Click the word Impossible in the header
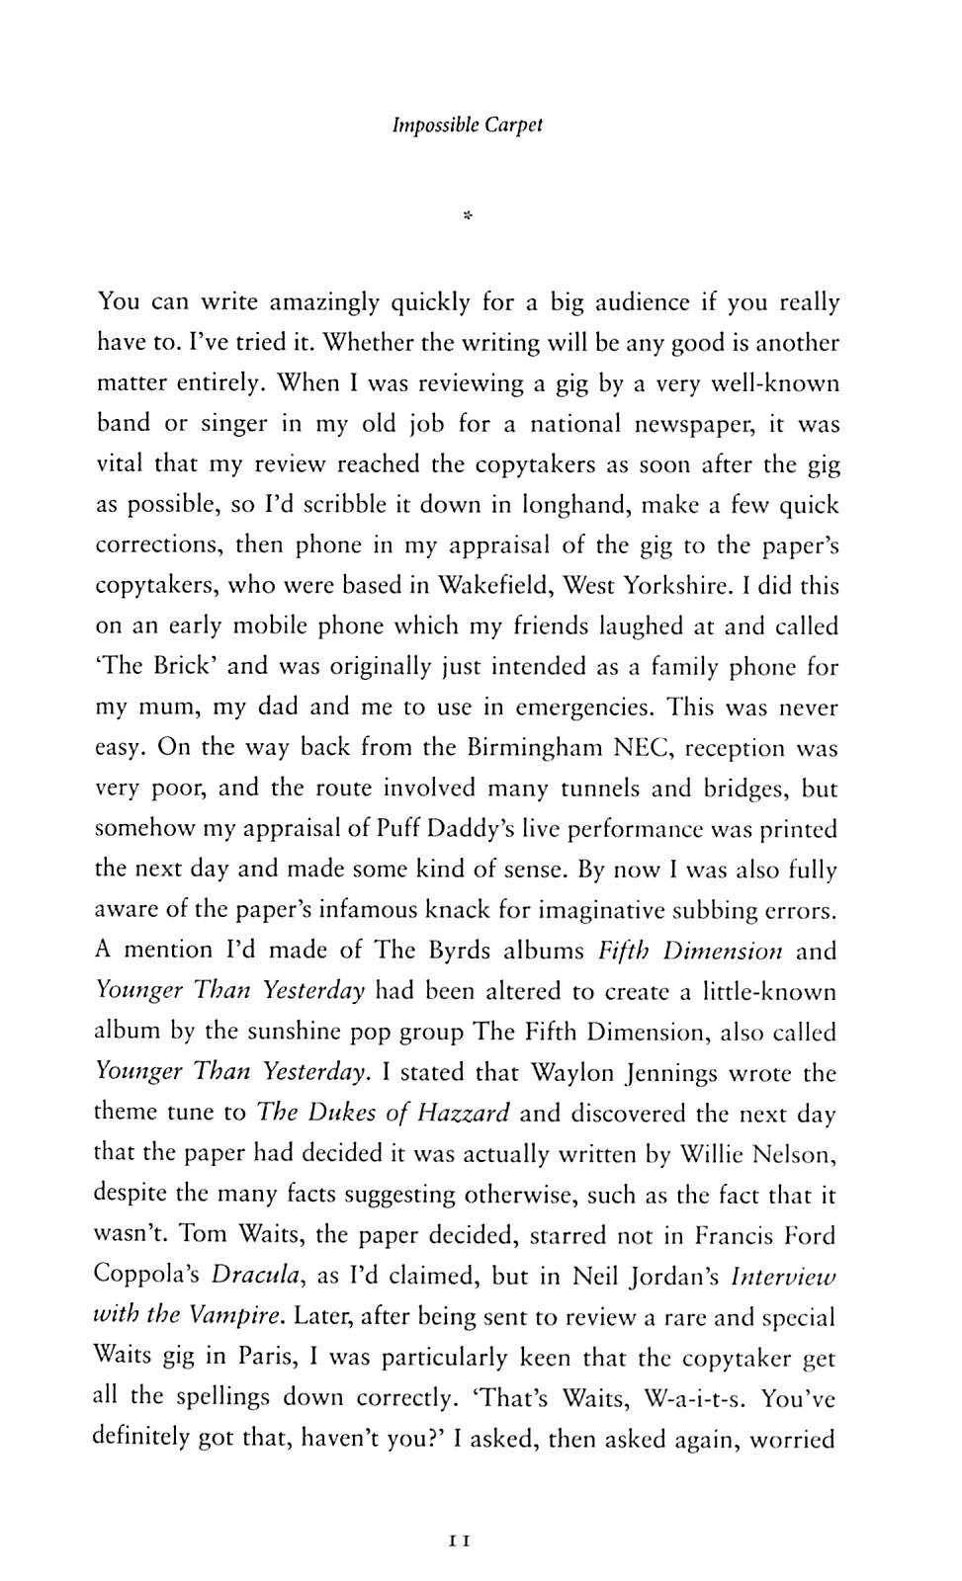coord(435,126)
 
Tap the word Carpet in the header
coord(514,126)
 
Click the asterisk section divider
coord(468,212)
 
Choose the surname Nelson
coord(794,1153)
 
